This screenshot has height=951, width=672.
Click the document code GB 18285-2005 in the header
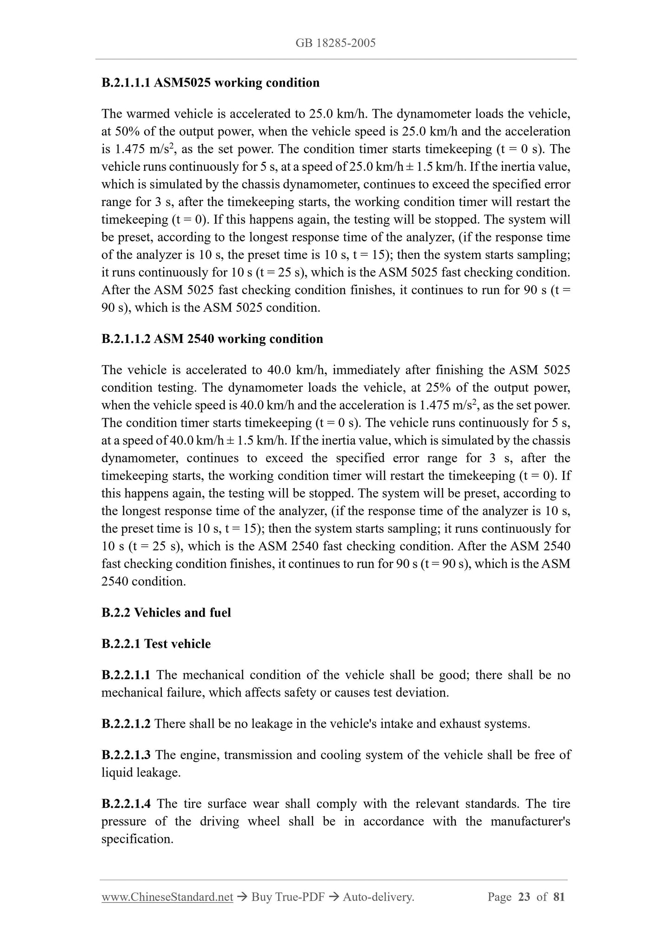point(335,43)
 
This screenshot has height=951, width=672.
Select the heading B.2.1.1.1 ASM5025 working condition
point(210,83)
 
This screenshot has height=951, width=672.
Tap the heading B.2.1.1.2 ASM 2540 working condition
point(212,339)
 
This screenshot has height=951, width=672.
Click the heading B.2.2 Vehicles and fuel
point(166,613)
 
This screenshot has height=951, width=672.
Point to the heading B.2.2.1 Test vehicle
point(156,644)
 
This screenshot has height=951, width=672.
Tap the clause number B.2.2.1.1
point(126,675)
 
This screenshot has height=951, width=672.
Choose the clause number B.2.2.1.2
point(126,724)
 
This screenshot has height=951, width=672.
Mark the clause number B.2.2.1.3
point(126,755)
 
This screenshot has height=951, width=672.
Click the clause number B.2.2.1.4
point(126,804)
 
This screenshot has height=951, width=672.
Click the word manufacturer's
point(530,822)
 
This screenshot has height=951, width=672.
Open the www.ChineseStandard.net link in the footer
point(167,897)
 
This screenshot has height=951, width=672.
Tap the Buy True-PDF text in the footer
point(287,897)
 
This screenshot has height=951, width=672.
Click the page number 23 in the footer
point(524,897)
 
